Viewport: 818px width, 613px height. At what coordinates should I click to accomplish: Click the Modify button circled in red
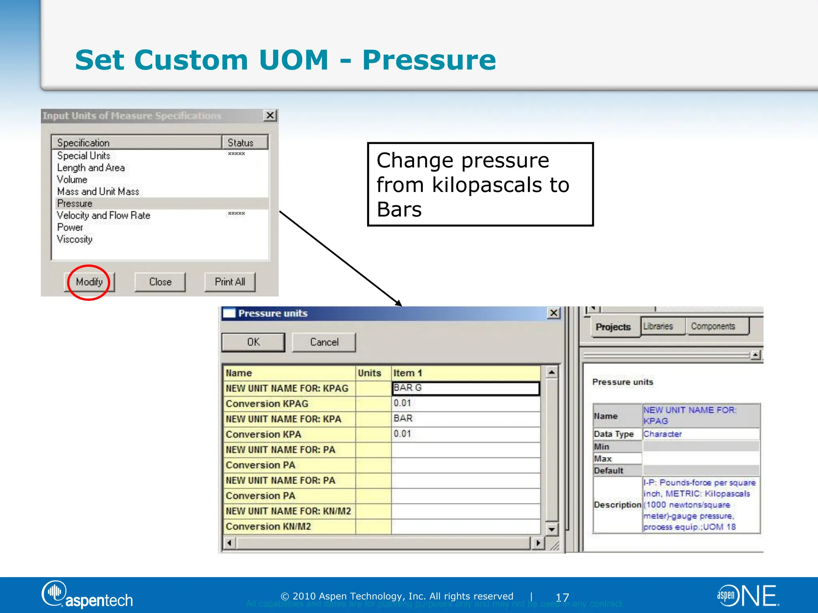click(89, 282)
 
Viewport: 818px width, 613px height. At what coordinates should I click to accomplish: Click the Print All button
click(230, 282)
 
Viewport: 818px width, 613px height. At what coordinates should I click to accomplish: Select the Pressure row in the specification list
click(75, 204)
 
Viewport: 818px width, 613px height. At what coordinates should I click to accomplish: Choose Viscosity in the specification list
click(75, 239)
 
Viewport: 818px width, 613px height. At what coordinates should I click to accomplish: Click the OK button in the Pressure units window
click(253, 342)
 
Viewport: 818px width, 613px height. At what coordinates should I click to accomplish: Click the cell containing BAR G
click(465, 388)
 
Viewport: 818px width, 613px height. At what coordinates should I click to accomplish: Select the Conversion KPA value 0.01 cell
click(465, 434)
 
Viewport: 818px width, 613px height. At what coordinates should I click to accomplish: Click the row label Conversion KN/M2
click(268, 527)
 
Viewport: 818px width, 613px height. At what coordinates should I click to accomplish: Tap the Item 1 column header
click(407, 373)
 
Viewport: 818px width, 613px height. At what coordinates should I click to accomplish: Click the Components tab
click(713, 326)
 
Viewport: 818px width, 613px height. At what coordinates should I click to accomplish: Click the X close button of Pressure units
click(554, 313)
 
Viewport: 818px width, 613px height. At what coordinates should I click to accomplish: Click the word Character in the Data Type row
click(663, 434)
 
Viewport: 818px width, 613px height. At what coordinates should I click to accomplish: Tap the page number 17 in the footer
click(562, 597)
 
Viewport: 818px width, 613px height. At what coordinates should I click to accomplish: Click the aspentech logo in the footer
click(87, 595)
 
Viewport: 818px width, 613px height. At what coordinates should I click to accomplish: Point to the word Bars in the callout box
click(399, 210)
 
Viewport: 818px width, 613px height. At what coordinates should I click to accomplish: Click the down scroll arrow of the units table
click(552, 529)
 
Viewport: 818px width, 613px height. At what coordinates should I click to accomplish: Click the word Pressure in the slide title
click(429, 60)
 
